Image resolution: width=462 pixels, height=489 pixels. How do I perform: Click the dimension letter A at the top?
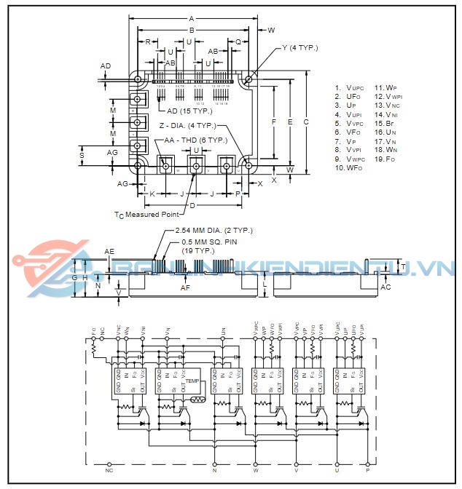point(192,18)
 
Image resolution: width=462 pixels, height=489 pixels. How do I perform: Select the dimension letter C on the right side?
point(306,122)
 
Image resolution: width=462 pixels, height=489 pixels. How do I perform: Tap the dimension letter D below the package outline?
point(192,206)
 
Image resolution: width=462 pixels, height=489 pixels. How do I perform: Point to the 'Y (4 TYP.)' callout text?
point(299,48)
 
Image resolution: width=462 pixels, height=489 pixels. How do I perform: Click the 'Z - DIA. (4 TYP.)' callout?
point(192,125)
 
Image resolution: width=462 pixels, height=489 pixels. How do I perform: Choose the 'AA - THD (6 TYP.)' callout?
point(195,139)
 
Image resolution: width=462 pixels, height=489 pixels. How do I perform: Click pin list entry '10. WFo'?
point(348,168)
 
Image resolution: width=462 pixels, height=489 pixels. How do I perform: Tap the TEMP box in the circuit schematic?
point(192,381)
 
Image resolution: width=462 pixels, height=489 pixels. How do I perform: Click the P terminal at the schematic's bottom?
point(367,470)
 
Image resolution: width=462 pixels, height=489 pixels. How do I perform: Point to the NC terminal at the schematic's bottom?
point(109,470)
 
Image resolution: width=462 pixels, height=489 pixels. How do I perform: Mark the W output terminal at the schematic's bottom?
point(255,470)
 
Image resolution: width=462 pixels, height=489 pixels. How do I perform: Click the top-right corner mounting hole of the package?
point(249,79)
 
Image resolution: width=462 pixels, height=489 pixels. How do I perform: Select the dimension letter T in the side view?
point(404,267)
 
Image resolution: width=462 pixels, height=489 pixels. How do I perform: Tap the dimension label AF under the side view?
point(185,289)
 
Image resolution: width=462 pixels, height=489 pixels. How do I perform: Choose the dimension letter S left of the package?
point(82,154)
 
